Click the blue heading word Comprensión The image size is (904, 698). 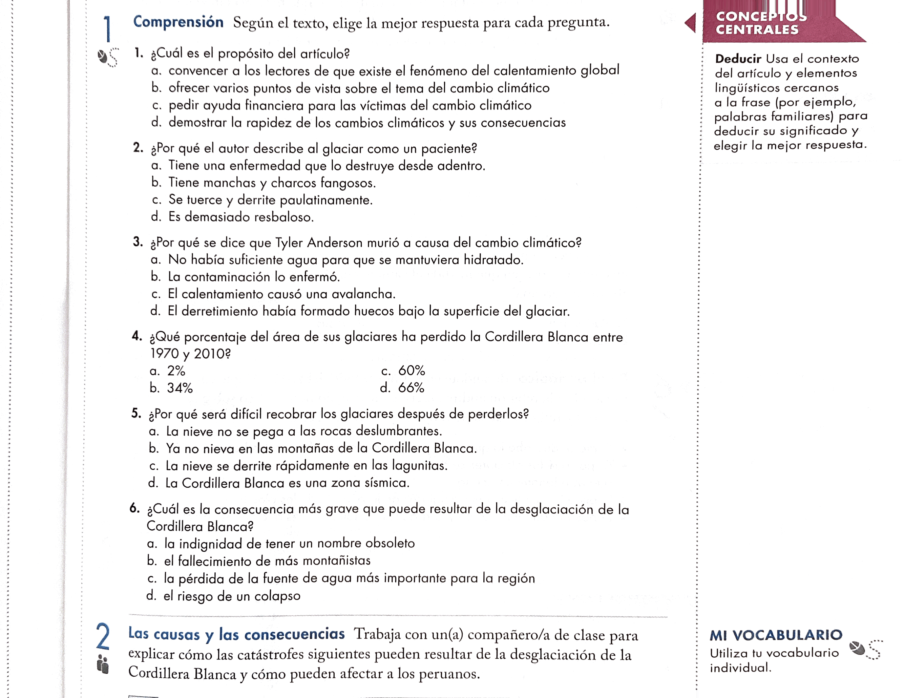click(178, 22)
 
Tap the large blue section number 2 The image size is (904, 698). click(103, 636)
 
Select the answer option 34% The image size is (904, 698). click(180, 388)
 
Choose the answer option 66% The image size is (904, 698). click(411, 387)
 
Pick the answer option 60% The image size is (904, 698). click(412, 371)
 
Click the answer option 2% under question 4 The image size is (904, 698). click(176, 371)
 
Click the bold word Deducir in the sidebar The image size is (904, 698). click(738, 59)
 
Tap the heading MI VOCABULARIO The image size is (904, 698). click(776, 635)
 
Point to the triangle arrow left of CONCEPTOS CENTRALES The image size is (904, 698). click(690, 23)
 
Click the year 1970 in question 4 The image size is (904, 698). click(164, 354)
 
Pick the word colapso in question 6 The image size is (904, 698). click(277, 596)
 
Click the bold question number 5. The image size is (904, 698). click(136, 413)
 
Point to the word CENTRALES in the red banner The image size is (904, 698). click(757, 30)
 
